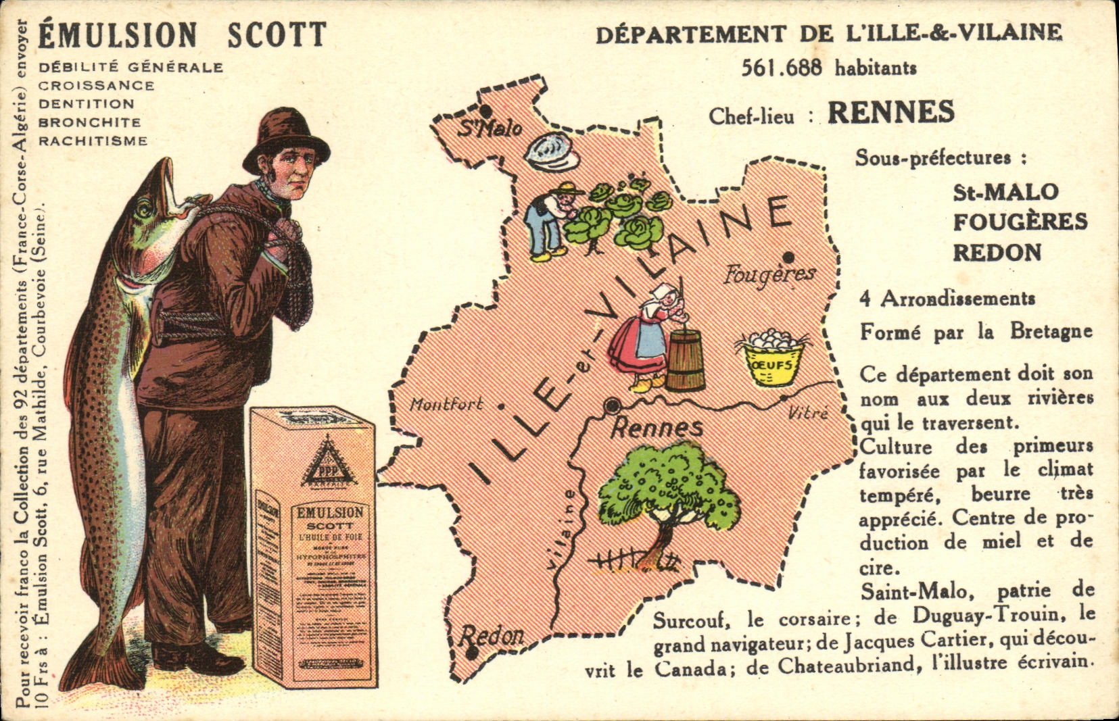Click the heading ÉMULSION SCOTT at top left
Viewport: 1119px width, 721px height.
(182, 35)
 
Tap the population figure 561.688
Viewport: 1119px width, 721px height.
(782, 68)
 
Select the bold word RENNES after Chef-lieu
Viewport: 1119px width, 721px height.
(891, 113)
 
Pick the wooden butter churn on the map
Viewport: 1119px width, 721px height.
(685, 358)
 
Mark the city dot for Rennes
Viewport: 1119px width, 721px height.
(613, 405)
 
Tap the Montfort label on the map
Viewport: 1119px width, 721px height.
(446, 405)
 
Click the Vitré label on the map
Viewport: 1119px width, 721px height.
(808, 412)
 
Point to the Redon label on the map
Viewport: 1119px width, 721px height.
(492, 636)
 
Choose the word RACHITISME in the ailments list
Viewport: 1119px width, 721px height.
(93, 141)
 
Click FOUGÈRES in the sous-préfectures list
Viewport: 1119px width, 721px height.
(1020, 222)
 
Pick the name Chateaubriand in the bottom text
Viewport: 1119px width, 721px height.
(849, 665)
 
